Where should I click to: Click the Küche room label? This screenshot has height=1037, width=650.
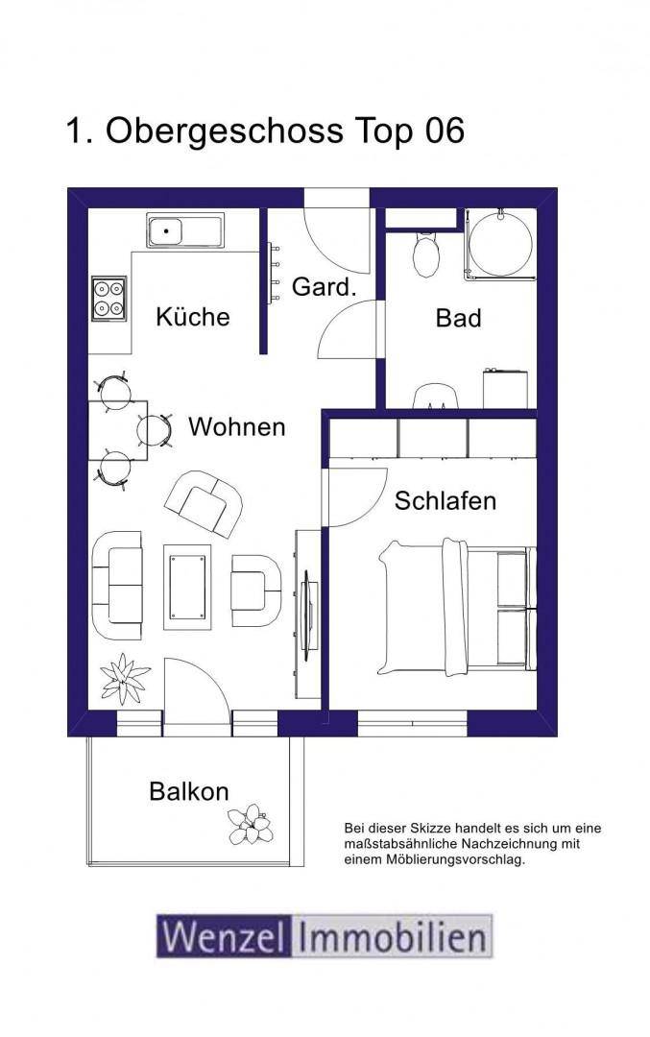tap(192, 316)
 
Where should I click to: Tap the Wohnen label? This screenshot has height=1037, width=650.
tap(237, 426)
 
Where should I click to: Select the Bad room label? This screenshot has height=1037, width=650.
tap(458, 318)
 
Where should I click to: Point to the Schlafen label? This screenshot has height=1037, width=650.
tap(445, 500)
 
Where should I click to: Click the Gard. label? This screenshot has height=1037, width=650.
tap(324, 287)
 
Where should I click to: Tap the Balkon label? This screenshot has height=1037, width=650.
tap(189, 791)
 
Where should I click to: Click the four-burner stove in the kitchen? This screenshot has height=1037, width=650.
tap(108, 299)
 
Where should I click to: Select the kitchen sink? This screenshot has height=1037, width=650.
tap(185, 230)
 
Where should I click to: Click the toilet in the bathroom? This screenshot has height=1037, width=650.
tap(426, 253)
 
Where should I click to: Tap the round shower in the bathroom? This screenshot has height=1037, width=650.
tap(500, 244)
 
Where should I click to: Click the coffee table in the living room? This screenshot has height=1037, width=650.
tap(187, 587)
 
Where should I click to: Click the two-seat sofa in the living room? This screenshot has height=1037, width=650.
tap(117, 585)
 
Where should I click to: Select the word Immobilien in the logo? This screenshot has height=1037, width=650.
tap(392, 936)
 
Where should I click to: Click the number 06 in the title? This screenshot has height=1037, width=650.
tap(445, 131)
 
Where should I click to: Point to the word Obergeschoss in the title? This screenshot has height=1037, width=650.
tap(224, 132)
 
